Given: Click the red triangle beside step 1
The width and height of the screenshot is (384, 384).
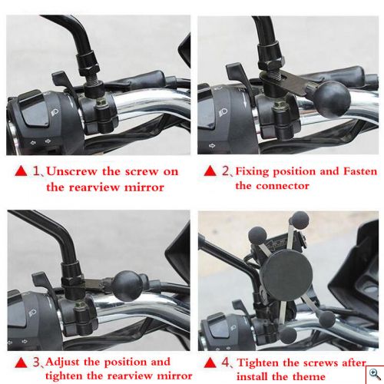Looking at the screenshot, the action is coord(21,171).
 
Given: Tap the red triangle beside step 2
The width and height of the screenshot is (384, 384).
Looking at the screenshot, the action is coord(210,170).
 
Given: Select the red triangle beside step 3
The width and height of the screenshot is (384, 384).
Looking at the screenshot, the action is coord(21,362).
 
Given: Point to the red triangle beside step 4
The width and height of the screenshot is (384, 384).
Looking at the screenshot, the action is coord(210,362).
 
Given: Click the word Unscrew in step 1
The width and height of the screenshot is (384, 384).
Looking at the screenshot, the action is coord(71,171).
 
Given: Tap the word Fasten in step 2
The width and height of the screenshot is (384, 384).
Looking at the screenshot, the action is coord(360,171).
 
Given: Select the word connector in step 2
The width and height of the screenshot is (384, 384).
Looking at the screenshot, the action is coord(283,186).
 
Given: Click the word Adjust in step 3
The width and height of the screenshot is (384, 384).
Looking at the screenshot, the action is coord(62,362).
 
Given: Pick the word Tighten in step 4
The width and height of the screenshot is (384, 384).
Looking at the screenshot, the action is coord(258,362).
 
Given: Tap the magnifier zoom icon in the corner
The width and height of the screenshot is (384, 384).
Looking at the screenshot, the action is coord(375,375).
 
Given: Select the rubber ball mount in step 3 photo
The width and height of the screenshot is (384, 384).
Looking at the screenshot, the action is coord(127,286).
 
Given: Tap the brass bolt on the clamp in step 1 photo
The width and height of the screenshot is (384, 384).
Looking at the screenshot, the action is coord(101,103).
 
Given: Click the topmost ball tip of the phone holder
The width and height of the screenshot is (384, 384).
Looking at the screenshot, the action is coord(300,220).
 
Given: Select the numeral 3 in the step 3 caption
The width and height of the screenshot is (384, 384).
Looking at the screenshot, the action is coord(36,362).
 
